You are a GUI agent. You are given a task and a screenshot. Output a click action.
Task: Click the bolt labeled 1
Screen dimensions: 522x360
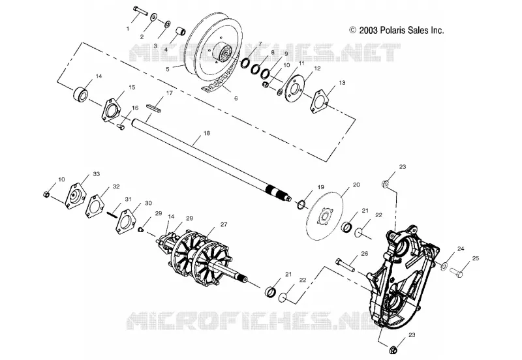click(140, 10)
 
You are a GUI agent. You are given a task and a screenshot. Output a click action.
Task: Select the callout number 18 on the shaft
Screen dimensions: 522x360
click(206, 134)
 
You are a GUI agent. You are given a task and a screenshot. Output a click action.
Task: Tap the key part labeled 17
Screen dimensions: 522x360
click(155, 107)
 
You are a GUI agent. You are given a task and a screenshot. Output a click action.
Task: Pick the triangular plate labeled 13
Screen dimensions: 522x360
click(319, 100)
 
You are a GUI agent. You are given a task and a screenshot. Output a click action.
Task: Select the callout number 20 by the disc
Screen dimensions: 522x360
click(356, 185)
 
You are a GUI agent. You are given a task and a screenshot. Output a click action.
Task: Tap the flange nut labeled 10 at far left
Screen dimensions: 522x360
click(46, 194)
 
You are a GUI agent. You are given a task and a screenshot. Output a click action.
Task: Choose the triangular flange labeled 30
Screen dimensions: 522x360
click(126, 221)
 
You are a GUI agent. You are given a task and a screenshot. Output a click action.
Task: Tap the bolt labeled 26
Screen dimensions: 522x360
click(345, 264)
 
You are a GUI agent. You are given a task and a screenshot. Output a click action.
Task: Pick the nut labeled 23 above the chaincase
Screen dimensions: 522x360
click(385, 183)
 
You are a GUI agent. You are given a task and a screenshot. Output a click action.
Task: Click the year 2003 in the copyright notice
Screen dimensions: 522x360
click(368, 30)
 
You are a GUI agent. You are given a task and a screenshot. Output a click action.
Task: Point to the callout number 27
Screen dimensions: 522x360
click(224, 225)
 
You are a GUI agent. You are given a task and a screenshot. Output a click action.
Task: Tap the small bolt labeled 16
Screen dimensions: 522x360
click(121, 127)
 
